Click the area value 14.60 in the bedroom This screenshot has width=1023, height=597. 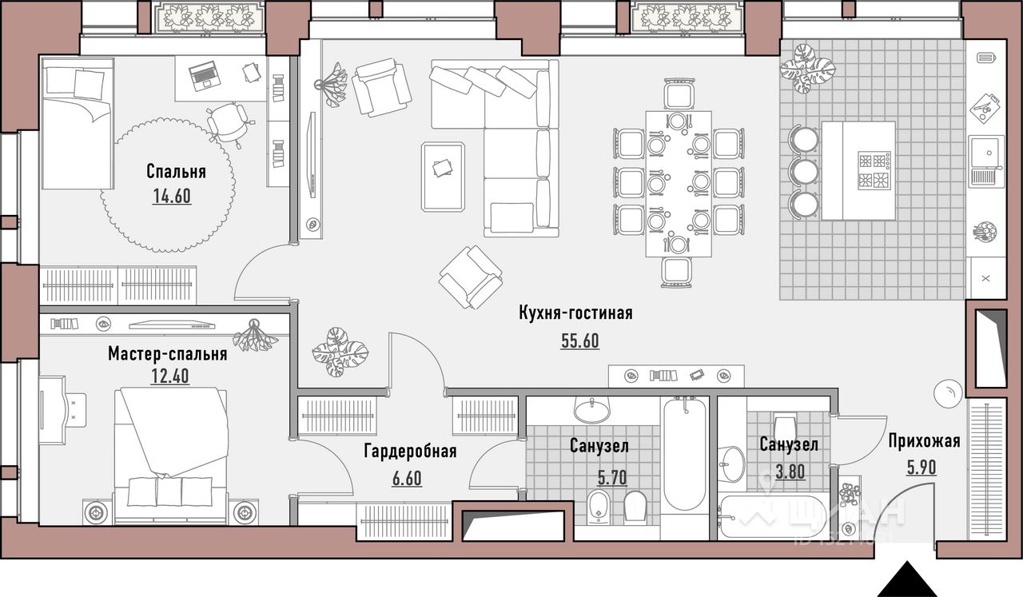click(x=172, y=196)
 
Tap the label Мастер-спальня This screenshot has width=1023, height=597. click(x=168, y=354)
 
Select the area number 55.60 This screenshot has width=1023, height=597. click(x=580, y=340)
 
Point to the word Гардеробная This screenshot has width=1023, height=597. click(x=410, y=452)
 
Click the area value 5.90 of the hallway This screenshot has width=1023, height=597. click(x=921, y=468)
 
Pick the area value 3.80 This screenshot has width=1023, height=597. click(x=790, y=471)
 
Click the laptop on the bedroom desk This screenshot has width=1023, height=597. click(x=204, y=75)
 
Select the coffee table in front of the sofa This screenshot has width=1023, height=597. click(x=443, y=177)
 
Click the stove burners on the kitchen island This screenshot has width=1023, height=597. click(x=874, y=170)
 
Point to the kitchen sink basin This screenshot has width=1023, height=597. click(x=987, y=153)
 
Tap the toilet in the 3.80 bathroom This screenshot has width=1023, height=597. click(x=785, y=424)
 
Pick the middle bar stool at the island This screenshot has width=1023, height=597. click(x=803, y=171)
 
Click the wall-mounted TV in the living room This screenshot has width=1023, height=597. click(x=312, y=155)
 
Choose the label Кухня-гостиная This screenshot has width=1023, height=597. click(x=575, y=314)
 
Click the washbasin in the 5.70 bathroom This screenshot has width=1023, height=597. click(x=592, y=409)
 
